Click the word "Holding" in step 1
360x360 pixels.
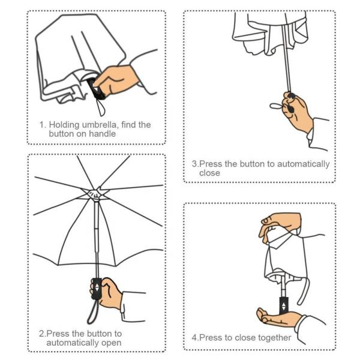tap(65, 125)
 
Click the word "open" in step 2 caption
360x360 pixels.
tap(110, 343)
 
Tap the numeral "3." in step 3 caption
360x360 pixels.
tap(195, 164)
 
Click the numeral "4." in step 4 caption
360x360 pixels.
tap(195, 338)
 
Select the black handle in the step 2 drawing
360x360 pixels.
tap(96, 288)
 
